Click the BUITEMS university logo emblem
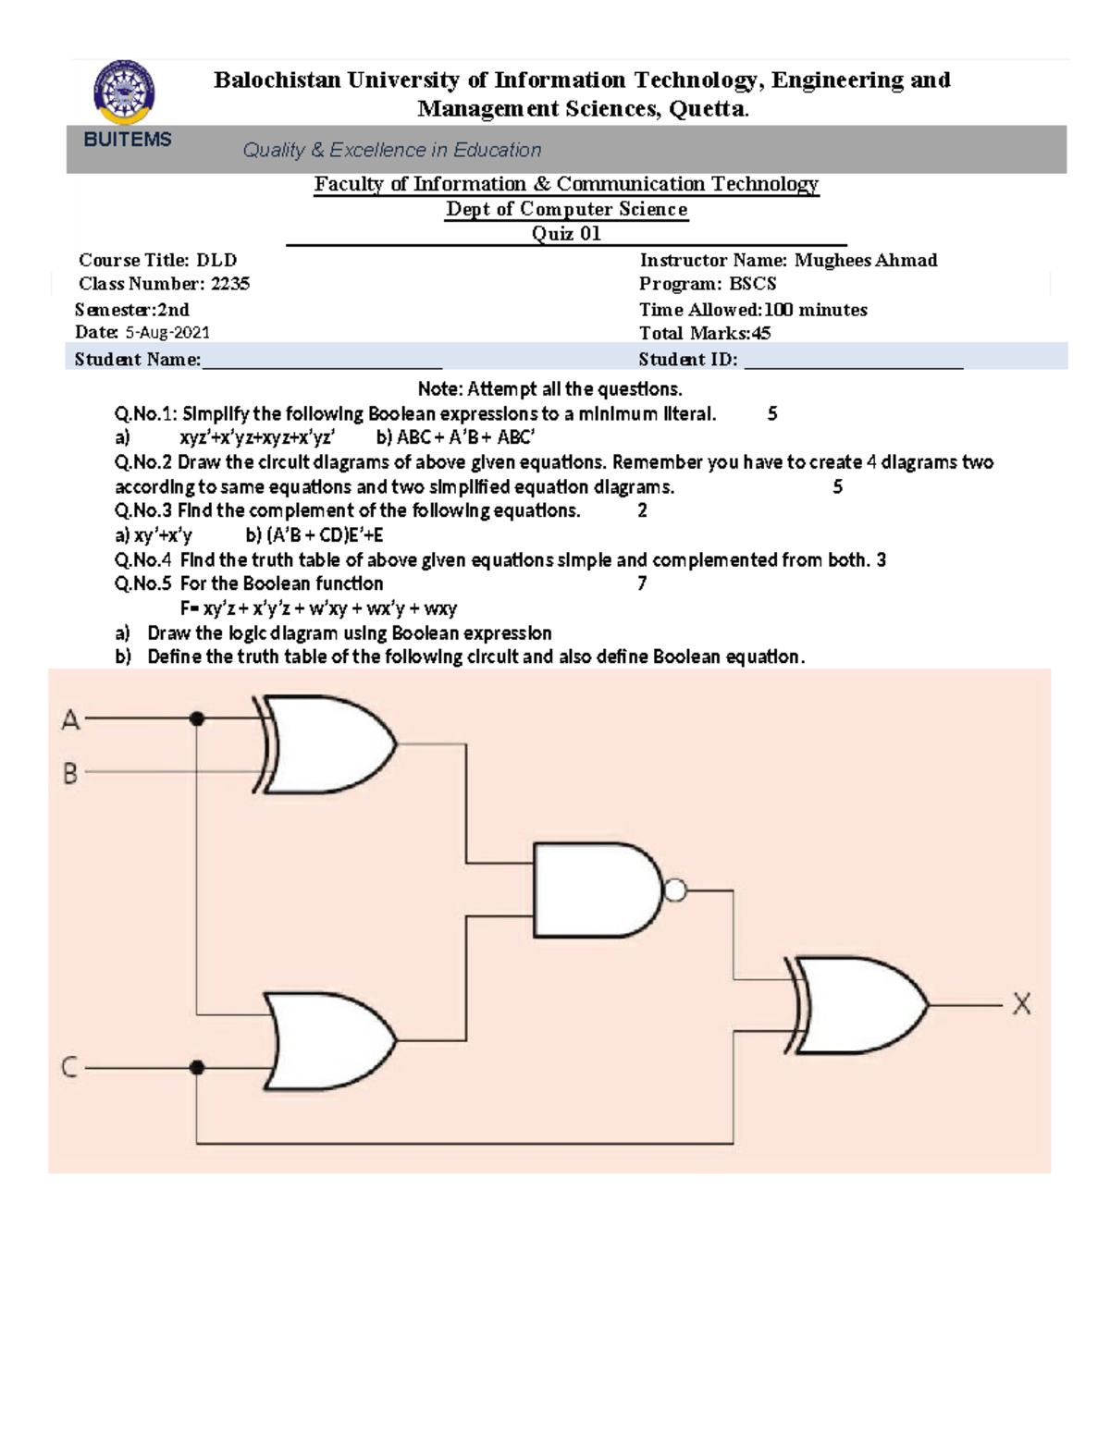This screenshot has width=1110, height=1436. [x=125, y=92]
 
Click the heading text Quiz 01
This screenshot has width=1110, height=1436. [x=566, y=234]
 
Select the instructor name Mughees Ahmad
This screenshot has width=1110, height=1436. [x=866, y=261]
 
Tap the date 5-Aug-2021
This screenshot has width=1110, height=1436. [x=167, y=333]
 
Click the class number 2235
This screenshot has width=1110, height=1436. [x=230, y=284]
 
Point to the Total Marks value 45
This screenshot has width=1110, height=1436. [x=760, y=334]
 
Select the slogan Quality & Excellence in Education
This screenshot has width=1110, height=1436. [x=392, y=150]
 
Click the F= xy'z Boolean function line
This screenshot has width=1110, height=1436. [x=318, y=608]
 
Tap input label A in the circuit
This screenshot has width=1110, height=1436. [x=71, y=719]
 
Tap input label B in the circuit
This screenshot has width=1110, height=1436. [x=70, y=773]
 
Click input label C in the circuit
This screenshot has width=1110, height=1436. [x=69, y=1068]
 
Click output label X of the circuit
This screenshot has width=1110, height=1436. [x=1021, y=1004]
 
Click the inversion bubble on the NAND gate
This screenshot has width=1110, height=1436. [x=675, y=890]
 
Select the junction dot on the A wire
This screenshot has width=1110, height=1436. [x=197, y=718]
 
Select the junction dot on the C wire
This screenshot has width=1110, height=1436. [x=196, y=1068]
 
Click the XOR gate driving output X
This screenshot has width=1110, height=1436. [x=860, y=1005]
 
